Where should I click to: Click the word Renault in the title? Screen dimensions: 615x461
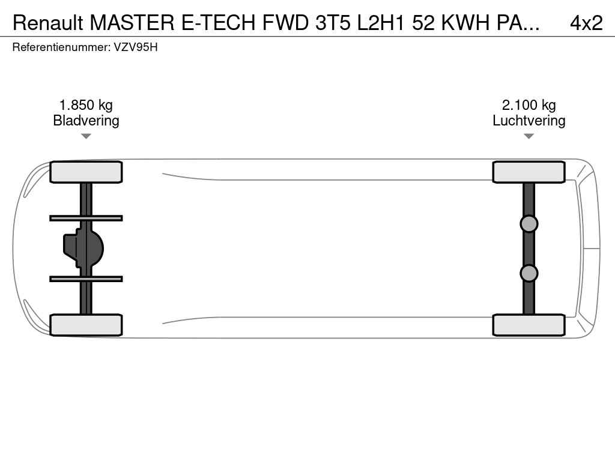[48, 23]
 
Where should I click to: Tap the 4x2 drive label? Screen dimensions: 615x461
[586, 23]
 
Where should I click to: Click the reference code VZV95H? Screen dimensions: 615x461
[136, 47]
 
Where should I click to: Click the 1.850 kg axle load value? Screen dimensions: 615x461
[86, 105]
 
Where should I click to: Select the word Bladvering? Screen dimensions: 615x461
[86, 120]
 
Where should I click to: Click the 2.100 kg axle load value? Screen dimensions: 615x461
[529, 105]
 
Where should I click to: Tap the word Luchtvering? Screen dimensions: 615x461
[529, 120]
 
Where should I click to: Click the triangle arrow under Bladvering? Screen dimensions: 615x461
[86, 136]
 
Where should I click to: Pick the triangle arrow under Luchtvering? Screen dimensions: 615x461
[529, 136]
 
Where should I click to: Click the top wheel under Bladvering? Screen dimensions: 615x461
[86, 172]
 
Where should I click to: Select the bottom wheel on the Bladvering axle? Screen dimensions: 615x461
[86, 325]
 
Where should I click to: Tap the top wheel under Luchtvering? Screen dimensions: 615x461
[529, 172]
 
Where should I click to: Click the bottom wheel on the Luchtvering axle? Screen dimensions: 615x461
[529, 325]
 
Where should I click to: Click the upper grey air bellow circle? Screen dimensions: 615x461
[529, 224]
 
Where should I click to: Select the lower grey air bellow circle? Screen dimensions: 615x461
[529, 273]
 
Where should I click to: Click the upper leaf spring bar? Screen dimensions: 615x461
[86, 218]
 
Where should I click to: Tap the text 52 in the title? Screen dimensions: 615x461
[423, 23]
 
